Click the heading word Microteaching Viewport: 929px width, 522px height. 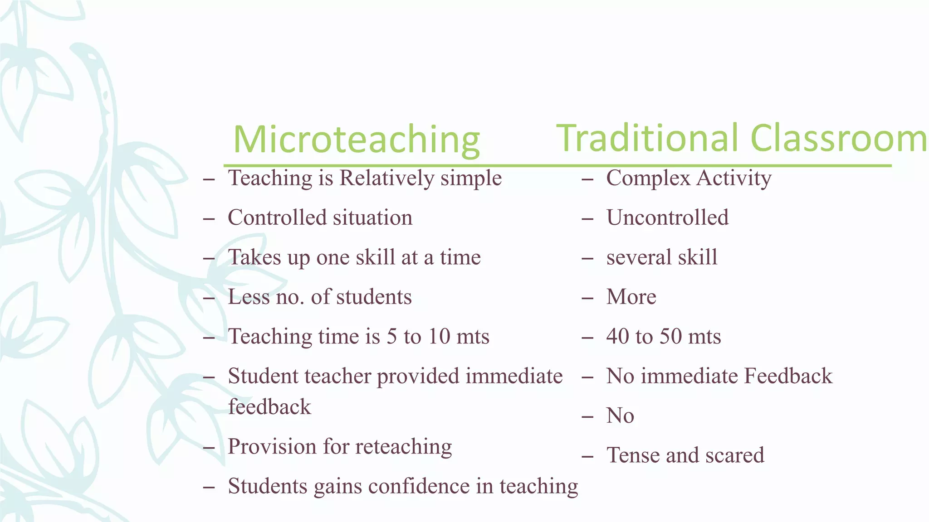(357, 140)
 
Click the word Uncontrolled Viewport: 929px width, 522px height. (667, 217)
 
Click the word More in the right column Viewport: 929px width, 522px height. (631, 297)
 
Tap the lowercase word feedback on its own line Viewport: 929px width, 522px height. (269, 406)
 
